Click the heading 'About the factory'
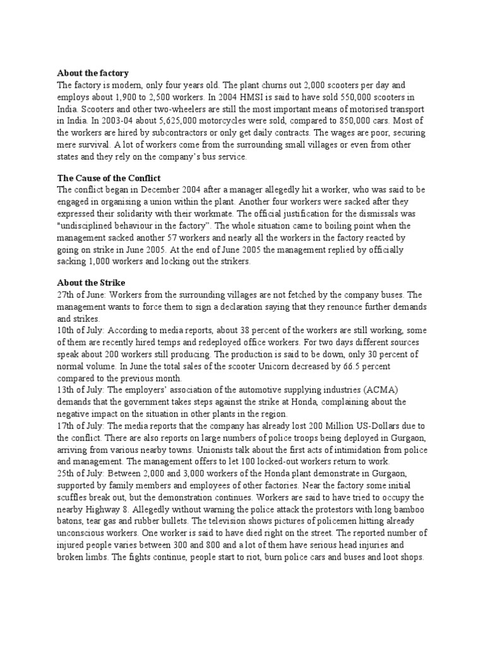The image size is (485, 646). (x=93, y=73)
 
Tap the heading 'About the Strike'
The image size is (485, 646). (x=92, y=282)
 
